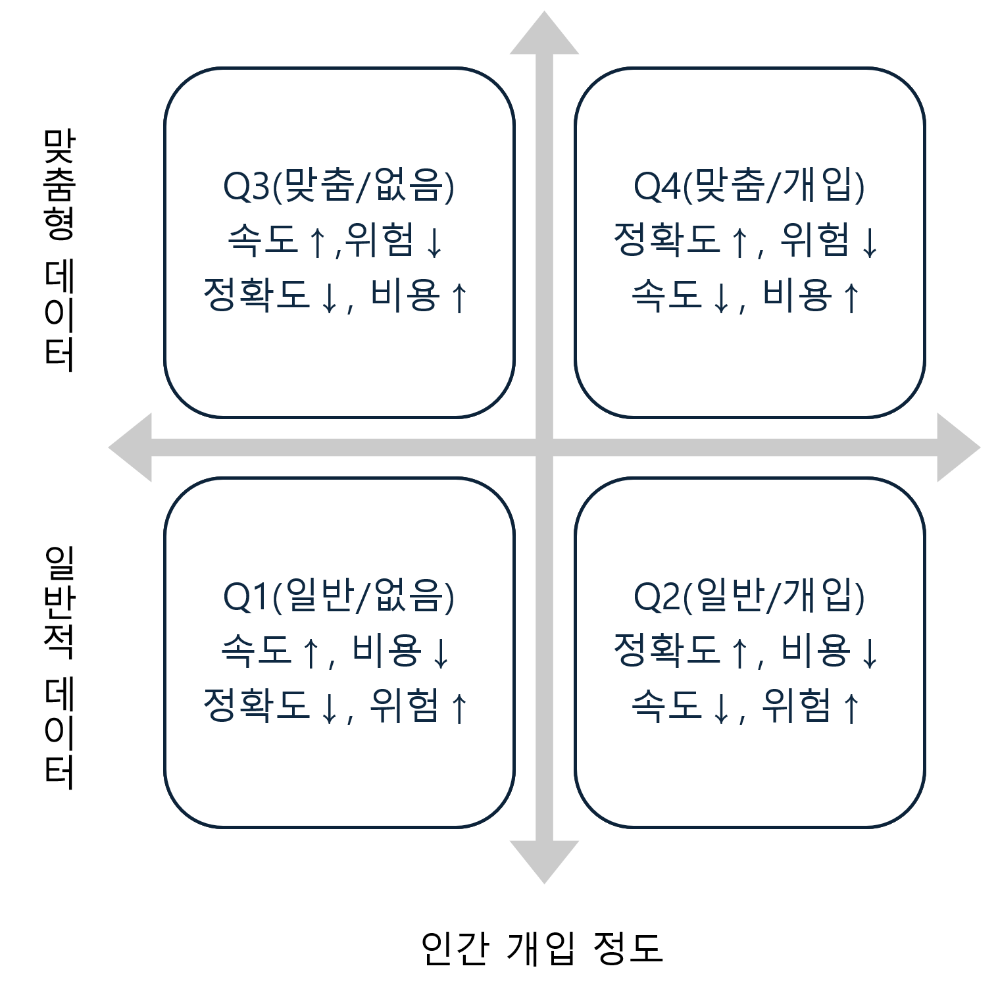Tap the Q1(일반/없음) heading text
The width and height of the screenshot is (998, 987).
tap(339, 597)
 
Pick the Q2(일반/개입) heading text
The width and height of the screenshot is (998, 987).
tap(749, 597)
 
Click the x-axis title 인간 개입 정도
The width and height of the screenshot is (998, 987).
tap(542, 948)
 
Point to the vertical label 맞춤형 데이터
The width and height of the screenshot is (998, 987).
tap(59, 250)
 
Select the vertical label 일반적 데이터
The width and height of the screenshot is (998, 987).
tap(59, 667)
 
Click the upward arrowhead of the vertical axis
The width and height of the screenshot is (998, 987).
tap(544, 33)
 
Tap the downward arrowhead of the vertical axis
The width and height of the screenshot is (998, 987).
tap(544, 862)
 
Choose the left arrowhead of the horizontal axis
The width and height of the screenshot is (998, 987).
tap(130, 447)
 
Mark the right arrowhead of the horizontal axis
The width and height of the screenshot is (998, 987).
tap(959, 447)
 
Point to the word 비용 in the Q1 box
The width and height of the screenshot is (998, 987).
tap(387, 651)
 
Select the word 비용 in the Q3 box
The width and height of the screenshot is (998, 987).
tap(405, 295)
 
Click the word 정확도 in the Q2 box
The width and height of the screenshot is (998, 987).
tap(666, 651)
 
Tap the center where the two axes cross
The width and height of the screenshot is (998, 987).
tap(544, 447)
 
